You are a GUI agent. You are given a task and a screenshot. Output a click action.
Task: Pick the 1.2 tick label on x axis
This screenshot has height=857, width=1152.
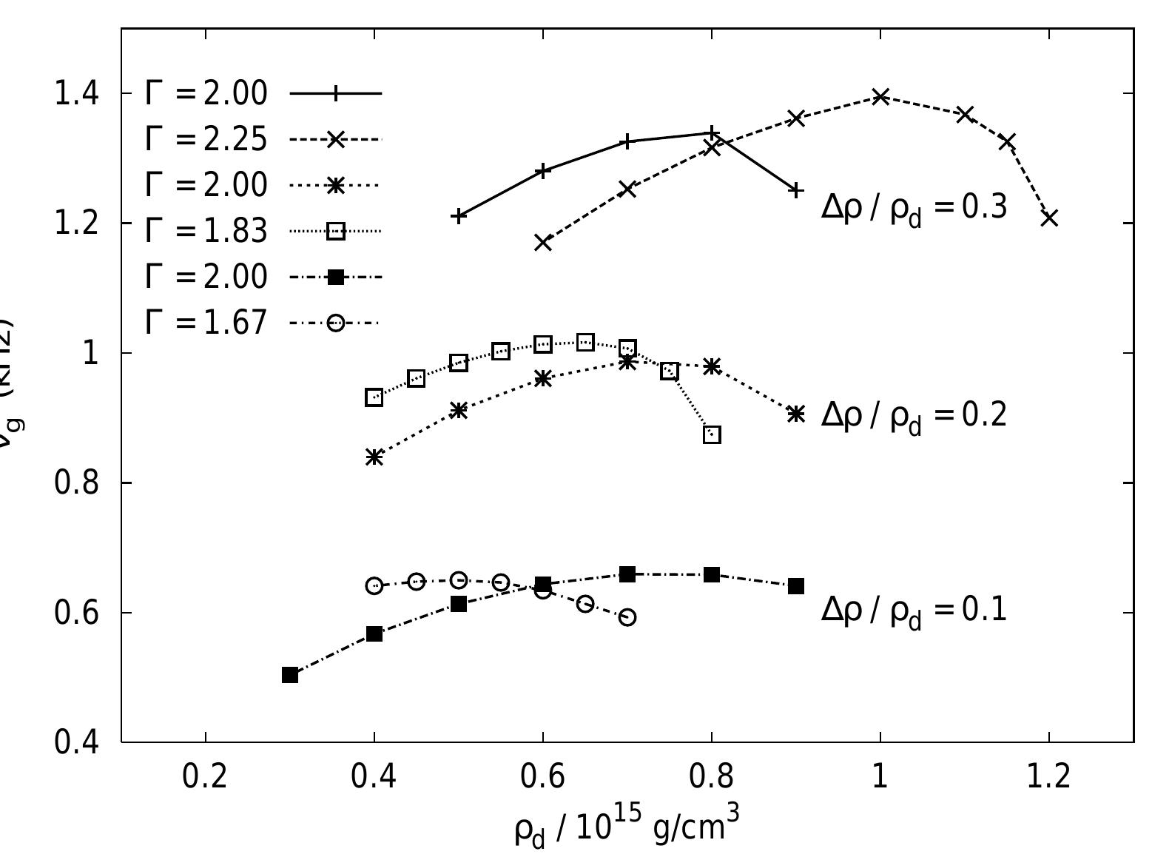[1048, 778]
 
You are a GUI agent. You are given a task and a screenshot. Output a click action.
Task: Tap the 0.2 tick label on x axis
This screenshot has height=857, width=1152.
[205, 778]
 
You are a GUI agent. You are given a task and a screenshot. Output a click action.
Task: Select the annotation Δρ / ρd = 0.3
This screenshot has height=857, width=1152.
[914, 208]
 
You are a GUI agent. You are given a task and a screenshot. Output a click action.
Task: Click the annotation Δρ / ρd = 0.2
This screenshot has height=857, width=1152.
[914, 416]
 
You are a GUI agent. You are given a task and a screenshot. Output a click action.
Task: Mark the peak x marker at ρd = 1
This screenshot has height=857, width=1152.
[880, 96]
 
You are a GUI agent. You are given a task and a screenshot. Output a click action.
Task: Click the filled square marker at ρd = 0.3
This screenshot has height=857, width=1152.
[290, 675]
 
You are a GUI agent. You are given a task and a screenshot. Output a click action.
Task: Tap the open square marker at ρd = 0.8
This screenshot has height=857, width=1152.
[712, 434]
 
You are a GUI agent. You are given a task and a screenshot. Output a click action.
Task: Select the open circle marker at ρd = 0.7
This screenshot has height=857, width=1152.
[627, 617]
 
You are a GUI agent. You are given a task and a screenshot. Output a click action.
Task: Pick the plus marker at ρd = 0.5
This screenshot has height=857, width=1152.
[459, 216]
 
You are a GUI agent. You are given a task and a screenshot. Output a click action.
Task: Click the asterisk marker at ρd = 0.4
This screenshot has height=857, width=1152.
[374, 457]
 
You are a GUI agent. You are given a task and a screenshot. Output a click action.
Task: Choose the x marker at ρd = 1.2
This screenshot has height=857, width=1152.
[1049, 218]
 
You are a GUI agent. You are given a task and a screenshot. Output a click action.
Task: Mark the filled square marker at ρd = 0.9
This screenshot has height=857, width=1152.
[796, 586]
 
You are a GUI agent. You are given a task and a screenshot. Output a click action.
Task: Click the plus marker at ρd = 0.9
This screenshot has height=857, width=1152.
[796, 190]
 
